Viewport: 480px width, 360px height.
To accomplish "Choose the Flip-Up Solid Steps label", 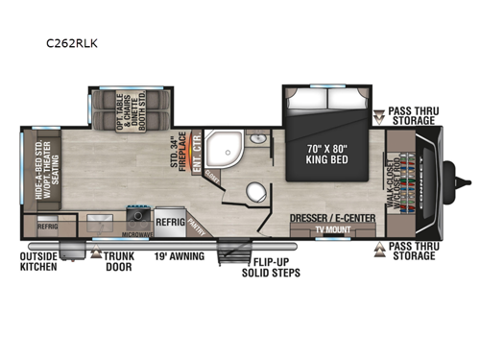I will (273, 266).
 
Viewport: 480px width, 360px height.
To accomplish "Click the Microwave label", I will (138, 235).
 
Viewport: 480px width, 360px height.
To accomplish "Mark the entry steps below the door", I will (231, 254).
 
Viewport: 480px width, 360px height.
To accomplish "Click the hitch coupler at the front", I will (468, 180).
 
